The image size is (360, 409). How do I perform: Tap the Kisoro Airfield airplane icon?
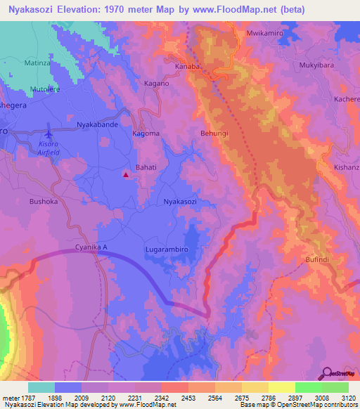(48, 134)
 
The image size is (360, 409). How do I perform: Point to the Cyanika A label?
(91, 247)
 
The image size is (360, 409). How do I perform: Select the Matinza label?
(39, 63)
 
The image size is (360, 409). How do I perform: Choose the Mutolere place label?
(46, 89)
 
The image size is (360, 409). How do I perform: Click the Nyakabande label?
(96, 124)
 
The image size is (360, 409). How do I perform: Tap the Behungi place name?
(214, 133)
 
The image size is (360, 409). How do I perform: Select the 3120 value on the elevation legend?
(348, 398)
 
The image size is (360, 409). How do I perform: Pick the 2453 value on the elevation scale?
(188, 398)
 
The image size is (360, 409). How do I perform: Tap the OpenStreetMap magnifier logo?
(327, 373)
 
